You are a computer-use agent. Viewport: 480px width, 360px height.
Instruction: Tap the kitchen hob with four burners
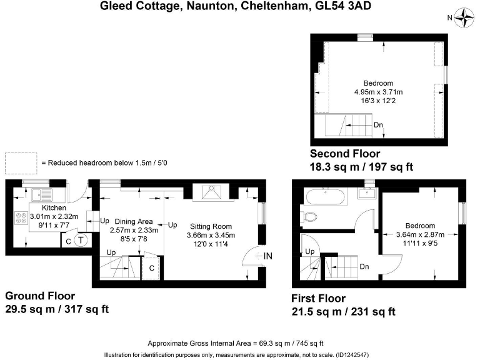click(21, 219)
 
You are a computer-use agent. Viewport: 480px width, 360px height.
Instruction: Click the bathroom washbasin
click(366, 192)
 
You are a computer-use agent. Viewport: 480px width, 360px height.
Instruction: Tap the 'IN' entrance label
click(268, 256)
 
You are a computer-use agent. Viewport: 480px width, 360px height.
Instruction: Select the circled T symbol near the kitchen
click(81, 239)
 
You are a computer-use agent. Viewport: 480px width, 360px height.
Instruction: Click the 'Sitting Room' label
click(209, 226)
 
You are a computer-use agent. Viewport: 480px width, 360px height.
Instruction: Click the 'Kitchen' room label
click(54, 208)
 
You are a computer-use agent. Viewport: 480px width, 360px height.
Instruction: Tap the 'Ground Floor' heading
click(40, 296)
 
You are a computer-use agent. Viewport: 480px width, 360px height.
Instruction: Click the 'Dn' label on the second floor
click(378, 125)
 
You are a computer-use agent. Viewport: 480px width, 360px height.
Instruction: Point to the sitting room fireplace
click(212, 191)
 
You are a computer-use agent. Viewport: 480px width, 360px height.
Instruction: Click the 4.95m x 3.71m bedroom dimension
click(378, 91)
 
